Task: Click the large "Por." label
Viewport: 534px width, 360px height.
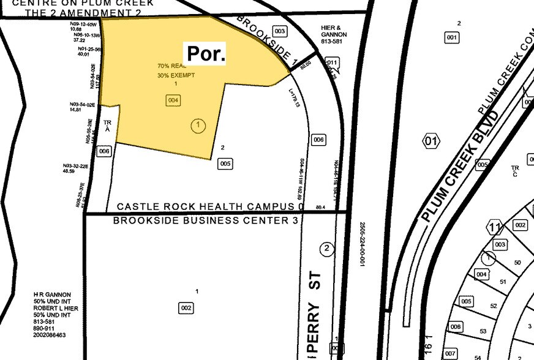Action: tap(206, 54)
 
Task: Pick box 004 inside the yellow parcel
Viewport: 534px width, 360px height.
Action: tap(173, 100)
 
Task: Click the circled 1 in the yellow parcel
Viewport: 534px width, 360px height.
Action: tap(198, 126)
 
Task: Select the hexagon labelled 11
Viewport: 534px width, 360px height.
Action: tap(495, 228)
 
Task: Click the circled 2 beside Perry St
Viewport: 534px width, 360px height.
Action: tap(327, 248)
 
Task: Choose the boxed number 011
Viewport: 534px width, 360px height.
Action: tap(332, 62)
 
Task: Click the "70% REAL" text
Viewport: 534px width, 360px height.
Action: tap(170, 66)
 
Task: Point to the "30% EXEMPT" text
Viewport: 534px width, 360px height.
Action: tap(174, 75)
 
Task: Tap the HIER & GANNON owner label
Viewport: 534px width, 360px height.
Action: tap(334, 35)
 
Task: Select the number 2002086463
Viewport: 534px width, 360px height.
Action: tap(51, 335)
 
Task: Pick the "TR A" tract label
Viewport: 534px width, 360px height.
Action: tap(108, 126)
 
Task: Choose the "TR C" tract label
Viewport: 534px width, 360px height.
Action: tap(515, 170)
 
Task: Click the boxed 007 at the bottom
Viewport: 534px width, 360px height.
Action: tap(450, 354)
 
